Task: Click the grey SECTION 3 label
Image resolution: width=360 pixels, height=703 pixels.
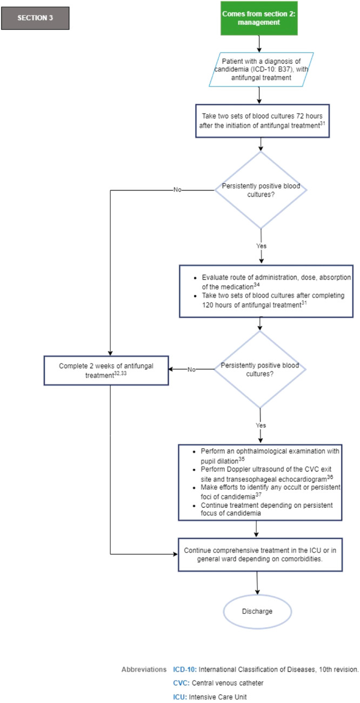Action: click(x=36, y=17)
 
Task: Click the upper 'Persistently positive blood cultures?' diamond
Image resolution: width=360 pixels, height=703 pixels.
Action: click(x=261, y=190)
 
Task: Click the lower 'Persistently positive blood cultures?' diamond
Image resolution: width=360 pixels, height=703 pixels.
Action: click(x=261, y=369)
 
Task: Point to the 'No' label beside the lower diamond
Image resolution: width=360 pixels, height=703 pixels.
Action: click(x=191, y=370)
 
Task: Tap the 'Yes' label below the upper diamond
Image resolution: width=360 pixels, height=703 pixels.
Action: click(x=261, y=246)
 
